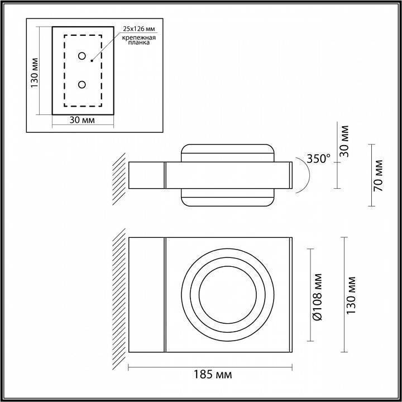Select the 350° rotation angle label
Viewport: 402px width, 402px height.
[319, 159]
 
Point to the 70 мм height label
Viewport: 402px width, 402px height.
[379, 175]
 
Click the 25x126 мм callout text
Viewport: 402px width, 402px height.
[138, 27]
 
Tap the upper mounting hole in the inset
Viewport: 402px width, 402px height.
[82, 56]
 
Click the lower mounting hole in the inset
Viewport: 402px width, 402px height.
[82, 85]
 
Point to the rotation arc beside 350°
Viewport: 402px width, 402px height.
[305, 174]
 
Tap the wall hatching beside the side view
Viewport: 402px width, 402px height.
[118, 177]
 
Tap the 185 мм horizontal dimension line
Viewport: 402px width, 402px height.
[210, 366]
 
